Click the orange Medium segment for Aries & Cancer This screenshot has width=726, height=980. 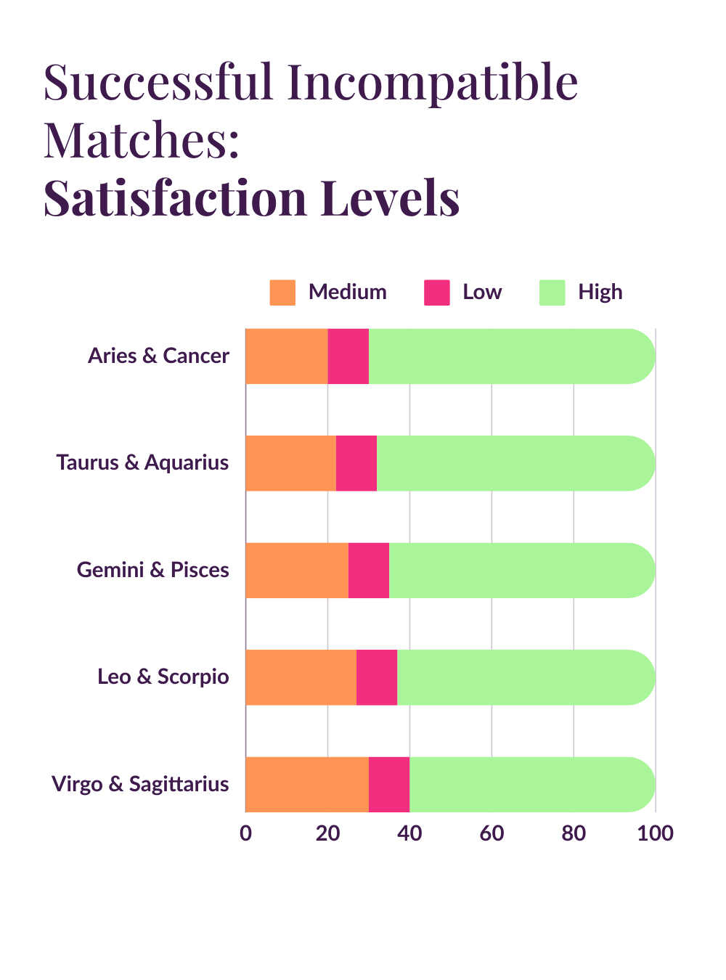click(287, 356)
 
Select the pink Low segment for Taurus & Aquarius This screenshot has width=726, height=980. click(356, 463)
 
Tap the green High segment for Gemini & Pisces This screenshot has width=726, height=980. click(521, 571)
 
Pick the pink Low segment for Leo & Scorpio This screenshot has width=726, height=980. click(377, 677)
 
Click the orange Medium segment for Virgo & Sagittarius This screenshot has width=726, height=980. click(307, 785)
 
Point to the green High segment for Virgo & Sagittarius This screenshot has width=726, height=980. click(531, 785)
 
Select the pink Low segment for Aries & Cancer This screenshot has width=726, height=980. click(348, 356)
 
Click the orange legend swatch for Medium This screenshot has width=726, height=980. click(282, 293)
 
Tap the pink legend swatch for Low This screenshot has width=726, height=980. click(437, 293)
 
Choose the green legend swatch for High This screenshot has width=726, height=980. click(552, 293)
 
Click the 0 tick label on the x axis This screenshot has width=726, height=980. click(246, 833)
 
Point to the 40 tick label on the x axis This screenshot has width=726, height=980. click(409, 833)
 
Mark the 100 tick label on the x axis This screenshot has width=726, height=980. click(655, 833)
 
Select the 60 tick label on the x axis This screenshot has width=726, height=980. click(492, 833)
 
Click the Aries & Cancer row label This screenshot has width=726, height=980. click(158, 356)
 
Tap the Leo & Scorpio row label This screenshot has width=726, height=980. click(163, 677)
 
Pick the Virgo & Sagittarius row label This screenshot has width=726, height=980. click(140, 784)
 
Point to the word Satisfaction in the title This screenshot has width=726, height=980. click(175, 198)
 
